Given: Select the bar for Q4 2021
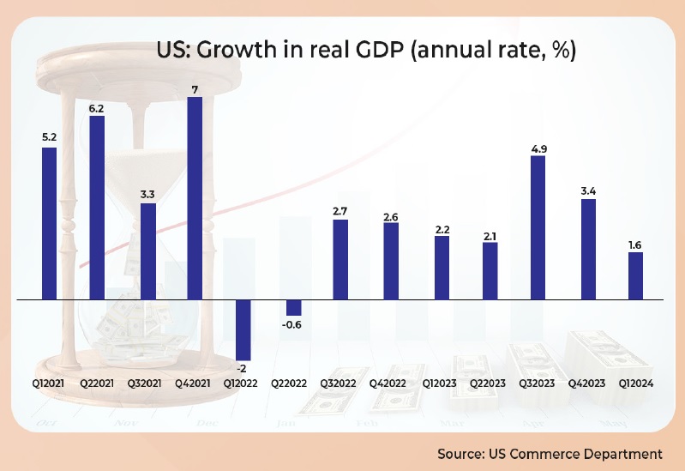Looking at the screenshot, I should coord(195,198).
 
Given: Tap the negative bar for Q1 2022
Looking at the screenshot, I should coord(243,330).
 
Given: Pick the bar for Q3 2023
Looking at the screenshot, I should coord(538,228).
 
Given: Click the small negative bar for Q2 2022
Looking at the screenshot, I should coord(294,308).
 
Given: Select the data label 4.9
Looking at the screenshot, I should coord(538,148).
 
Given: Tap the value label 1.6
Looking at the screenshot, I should coord(635,245).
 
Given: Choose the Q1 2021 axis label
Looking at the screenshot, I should coord(50,383).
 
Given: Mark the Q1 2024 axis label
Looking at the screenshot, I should coord(635,383).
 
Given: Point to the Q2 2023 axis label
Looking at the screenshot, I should coord(490,383).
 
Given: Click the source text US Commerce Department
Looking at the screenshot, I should coord(550,452).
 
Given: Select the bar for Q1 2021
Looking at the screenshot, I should coord(50,224).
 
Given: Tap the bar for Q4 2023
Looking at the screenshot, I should coord(587,250).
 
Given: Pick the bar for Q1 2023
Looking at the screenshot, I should coord(442,268).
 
